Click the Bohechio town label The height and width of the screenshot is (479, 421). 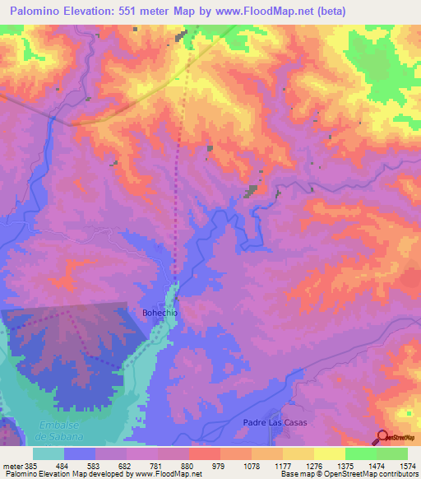[159, 314]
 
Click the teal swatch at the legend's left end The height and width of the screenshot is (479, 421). [49, 453]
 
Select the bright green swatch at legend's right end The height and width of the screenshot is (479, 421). [391, 453]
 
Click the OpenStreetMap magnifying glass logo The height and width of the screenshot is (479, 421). [383, 436]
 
